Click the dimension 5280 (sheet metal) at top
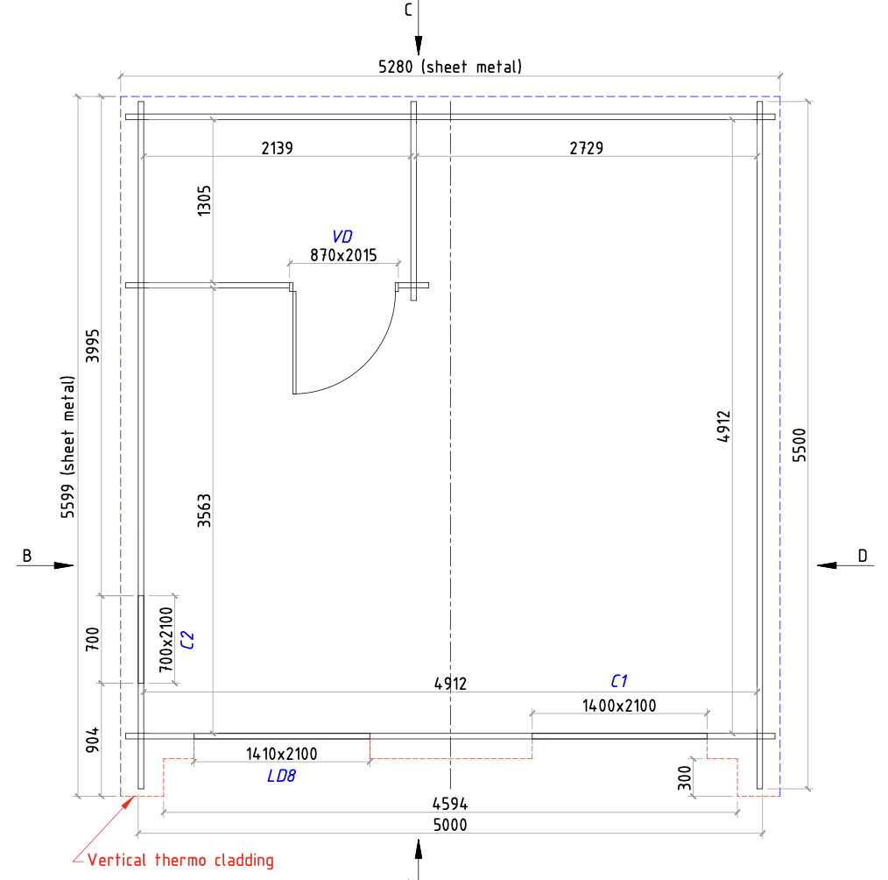tap(449, 67)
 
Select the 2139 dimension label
tap(277, 148)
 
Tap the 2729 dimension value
tap(586, 148)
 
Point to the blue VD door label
tap(342, 237)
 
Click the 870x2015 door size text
tap(343, 255)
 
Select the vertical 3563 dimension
tap(204, 512)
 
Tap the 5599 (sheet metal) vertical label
tap(68, 447)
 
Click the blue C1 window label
tap(619, 681)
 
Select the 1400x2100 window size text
tap(619, 705)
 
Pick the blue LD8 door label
tap(282, 776)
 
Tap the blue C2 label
tap(186, 640)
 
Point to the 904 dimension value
tap(94, 740)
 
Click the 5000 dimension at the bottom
tap(450, 825)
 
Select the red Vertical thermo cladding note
tap(180, 860)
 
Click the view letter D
tap(862, 555)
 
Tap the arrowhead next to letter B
tap(63, 565)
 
